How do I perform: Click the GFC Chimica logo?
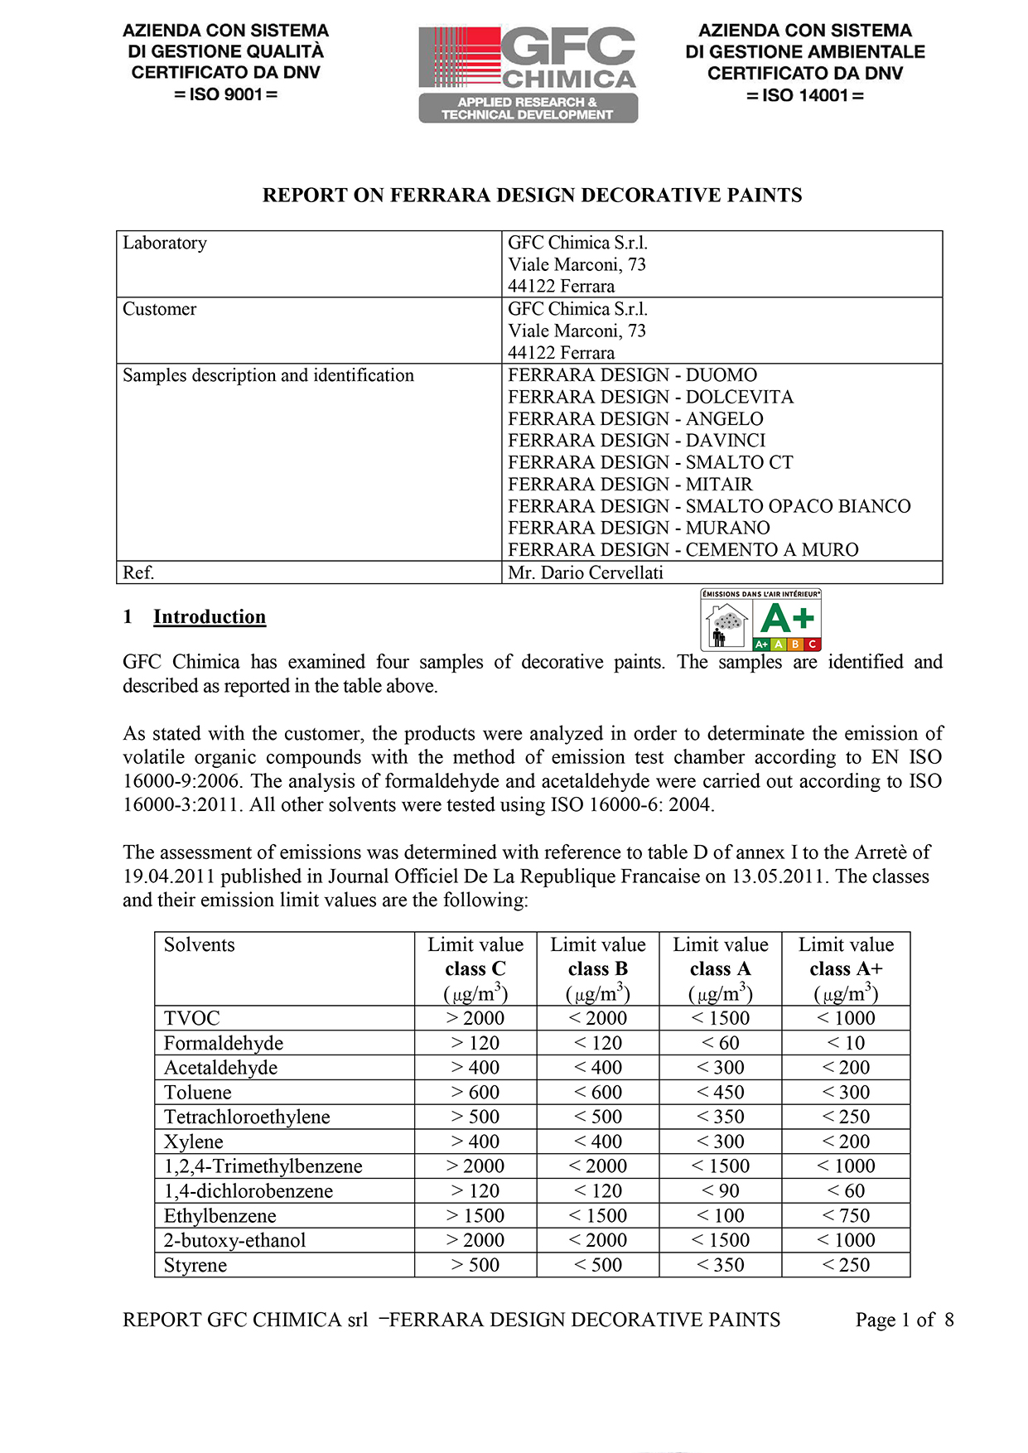point(528,74)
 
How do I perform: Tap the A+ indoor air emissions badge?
point(760,620)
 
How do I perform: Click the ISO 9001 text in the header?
point(225,94)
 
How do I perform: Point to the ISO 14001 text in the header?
point(804,95)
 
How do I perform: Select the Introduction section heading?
point(209,617)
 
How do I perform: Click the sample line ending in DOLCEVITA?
point(650,398)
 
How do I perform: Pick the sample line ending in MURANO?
point(639,528)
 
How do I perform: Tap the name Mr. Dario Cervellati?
point(585,572)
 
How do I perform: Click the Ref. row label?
point(138,572)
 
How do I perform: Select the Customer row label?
point(160,309)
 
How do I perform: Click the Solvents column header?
point(199,945)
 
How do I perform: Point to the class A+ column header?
point(846,968)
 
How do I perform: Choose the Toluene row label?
point(197,1093)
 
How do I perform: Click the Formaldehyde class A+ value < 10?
point(846,1043)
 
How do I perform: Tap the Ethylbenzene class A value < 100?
point(720,1216)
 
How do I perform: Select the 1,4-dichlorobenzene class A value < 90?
point(720,1191)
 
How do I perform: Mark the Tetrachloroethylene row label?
point(247,1118)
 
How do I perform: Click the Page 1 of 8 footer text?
point(904,1320)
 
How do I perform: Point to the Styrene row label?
point(195,1266)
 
